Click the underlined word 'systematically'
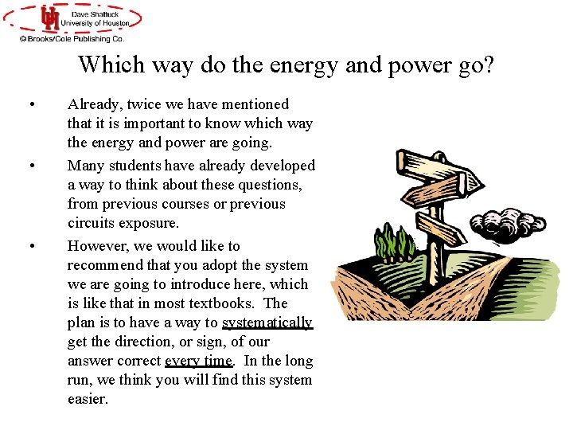pos(267,322)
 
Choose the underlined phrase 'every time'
pos(198,361)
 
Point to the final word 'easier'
pos(87,399)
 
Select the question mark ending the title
pos(487,64)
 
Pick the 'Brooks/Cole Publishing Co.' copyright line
pos(72,37)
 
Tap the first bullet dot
pos(31,105)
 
